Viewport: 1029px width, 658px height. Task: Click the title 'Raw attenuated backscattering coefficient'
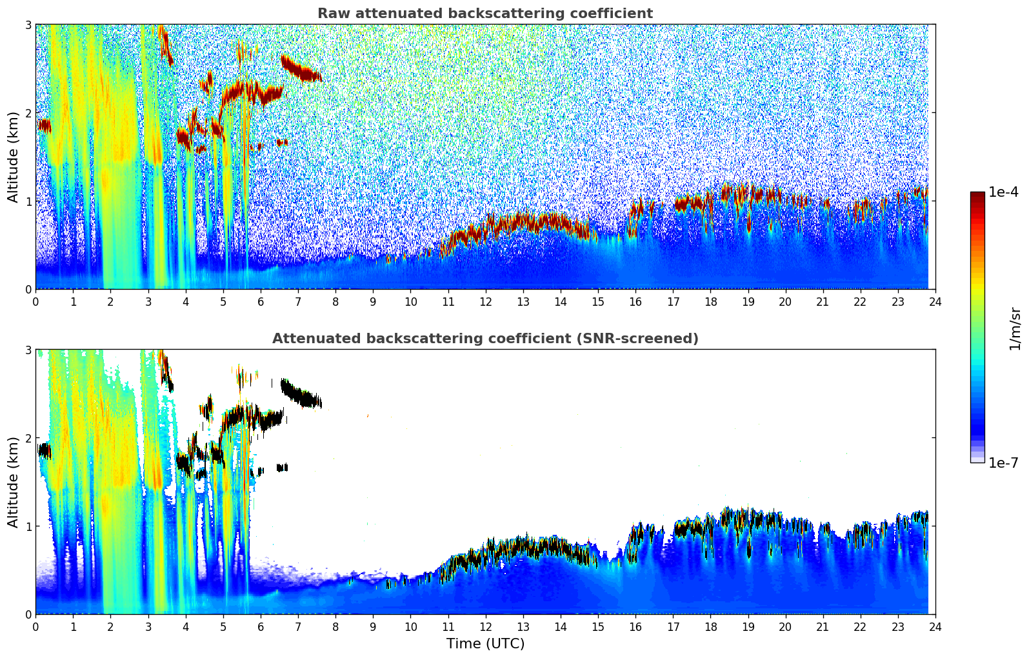[x=485, y=14]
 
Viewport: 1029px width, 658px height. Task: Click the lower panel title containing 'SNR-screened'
[x=485, y=339]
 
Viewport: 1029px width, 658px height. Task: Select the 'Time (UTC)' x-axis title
[x=485, y=644]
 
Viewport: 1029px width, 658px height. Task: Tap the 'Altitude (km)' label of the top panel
[x=14, y=157]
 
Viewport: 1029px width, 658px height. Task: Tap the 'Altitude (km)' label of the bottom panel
[x=14, y=482]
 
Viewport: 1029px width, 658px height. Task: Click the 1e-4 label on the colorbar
[x=1003, y=192]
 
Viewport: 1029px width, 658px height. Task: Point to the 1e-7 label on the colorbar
[x=1003, y=463]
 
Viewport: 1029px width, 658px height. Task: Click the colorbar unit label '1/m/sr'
[x=1015, y=329]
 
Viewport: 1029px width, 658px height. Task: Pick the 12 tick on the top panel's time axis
[x=485, y=301]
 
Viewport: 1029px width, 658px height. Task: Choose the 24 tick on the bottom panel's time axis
[x=935, y=626]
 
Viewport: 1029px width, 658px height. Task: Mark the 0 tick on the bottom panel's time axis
[x=35, y=626]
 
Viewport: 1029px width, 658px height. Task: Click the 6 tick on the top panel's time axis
[x=261, y=301]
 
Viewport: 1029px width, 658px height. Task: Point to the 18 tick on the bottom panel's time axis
[x=710, y=626]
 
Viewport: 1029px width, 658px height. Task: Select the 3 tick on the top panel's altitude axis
[x=28, y=25]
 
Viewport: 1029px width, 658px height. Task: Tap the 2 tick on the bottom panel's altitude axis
[x=28, y=438]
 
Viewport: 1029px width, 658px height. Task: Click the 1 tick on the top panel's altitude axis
[x=28, y=201]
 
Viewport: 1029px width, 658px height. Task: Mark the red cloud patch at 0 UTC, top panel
[x=44, y=126]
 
